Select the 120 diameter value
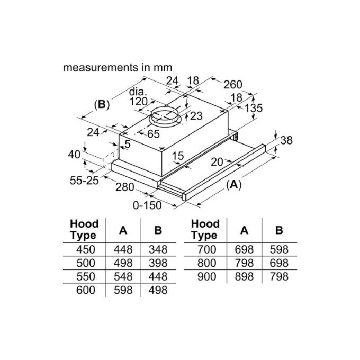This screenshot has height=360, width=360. (x=139, y=101)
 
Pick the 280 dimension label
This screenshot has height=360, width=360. (x=125, y=187)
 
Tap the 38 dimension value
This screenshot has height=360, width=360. (x=286, y=140)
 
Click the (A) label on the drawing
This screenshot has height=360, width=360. (x=232, y=185)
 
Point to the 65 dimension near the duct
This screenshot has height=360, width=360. (x=153, y=134)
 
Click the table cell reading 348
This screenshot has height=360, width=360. (x=157, y=249)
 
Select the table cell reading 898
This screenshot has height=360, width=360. (x=244, y=276)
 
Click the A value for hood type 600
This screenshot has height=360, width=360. (x=123, y=290)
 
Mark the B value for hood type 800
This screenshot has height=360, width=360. (x=278, y=263)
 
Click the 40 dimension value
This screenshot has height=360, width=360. (x=74, y=155)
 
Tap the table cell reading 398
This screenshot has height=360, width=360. (x=157, y=263)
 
